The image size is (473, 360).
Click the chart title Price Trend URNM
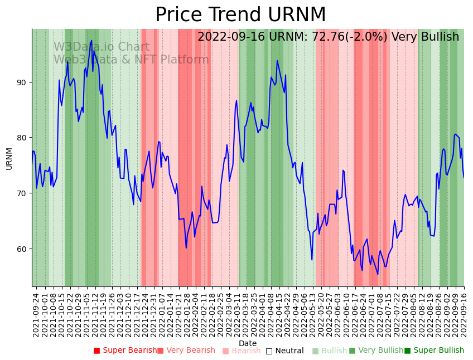[x=240, y=15]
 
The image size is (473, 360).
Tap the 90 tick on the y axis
[x=22, y=82]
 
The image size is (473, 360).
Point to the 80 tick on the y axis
[x=22, y=138]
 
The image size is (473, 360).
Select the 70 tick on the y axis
[x=22, y=193]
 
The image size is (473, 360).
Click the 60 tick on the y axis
[x=22, y=249]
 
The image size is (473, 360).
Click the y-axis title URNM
[x=9, y=158]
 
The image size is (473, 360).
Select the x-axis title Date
[x=248, y=343]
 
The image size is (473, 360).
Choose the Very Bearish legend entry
[x=186, y=351]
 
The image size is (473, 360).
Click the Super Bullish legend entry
[x=434, y=351]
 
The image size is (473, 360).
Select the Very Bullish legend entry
[x=376, y=351]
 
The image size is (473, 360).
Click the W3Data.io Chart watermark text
[x=101, y=47]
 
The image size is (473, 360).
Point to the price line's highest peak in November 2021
[x=91, y=41]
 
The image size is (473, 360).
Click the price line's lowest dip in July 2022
[x=378, y=274]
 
